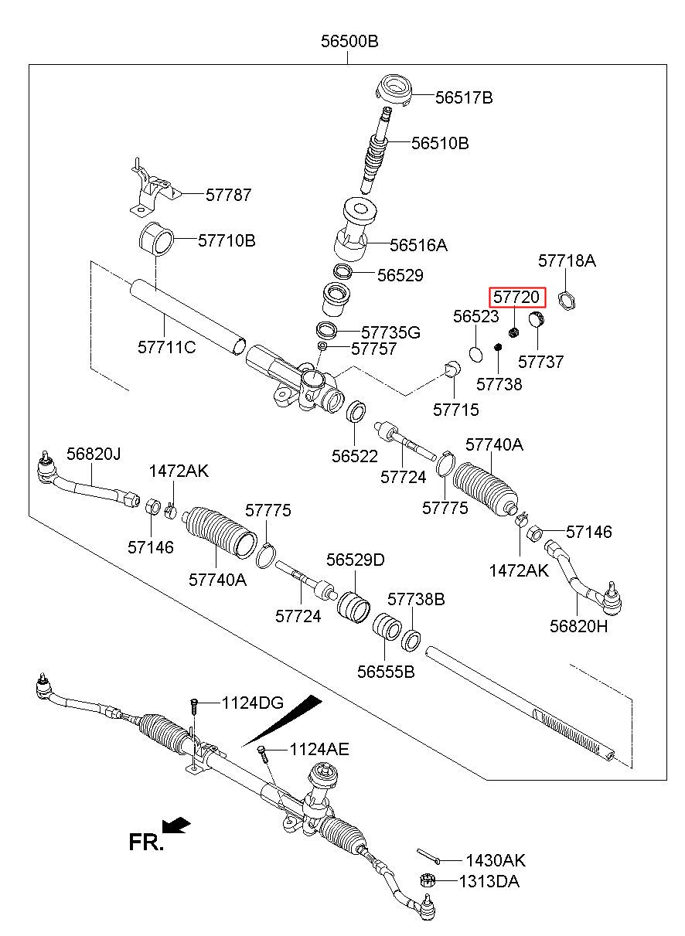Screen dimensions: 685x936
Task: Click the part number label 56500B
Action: point(349,42)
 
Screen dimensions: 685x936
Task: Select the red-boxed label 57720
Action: point(517,297)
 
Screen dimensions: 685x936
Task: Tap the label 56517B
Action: point(464,97)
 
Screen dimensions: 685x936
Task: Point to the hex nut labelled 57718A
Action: point(567,301)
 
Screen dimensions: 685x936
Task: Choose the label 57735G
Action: point(390,332)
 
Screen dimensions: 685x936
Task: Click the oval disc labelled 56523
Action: point(475,354)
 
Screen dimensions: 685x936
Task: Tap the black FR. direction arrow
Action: point(176,825)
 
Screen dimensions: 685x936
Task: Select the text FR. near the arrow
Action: point(146,842)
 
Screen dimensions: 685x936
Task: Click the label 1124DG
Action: point(252,703)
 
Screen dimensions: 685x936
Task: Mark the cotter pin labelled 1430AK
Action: point(428,856)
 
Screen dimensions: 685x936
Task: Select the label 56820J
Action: point(94,454)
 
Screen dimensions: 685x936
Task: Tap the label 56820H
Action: point(578,625)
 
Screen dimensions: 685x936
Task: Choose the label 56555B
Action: point(386,672)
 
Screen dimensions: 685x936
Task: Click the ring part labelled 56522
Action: point(356,410)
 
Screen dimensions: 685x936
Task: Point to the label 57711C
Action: point(167,347)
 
